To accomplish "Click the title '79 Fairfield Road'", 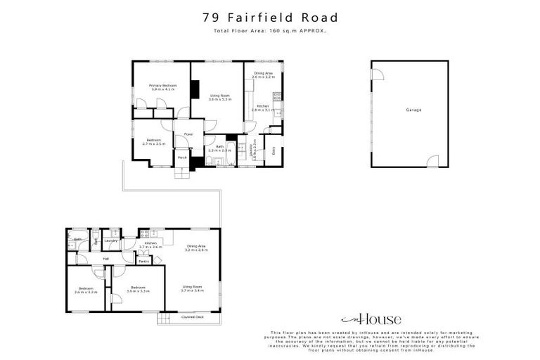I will (270, 17).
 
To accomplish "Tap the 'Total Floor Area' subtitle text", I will (270, 31).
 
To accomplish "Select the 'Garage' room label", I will (413, 110).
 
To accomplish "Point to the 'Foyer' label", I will (188, 134).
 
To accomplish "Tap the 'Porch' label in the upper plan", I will (182, 157).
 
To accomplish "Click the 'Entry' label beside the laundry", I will (274, 150).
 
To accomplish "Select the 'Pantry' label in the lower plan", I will (143, 261).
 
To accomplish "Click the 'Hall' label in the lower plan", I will (105, 259).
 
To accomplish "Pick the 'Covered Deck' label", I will (193, 317).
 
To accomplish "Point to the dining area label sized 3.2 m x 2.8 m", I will (196, 247).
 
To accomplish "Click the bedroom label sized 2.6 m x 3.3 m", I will (86, 290).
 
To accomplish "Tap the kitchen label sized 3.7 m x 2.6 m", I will (150, 245).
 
